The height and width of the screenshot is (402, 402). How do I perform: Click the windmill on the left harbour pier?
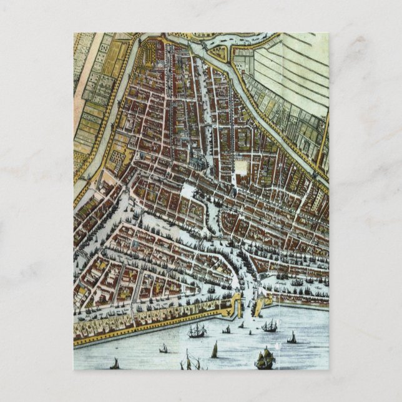coord(235,298)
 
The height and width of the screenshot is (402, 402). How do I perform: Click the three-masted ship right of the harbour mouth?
coord(270,325)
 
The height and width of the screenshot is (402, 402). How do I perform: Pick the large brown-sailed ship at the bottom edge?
coord(265,358)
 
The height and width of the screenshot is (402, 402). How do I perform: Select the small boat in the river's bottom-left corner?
coord(114,363)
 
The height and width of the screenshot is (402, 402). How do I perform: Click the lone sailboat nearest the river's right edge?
coord(292,338)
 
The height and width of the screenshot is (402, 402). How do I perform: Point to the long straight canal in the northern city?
coord(200,106)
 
